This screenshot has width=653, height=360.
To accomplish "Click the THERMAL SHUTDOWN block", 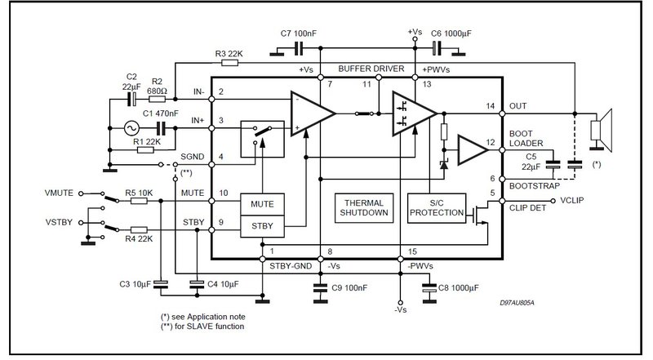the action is (364, 208).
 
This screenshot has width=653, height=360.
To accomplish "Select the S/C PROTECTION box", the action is (437, 208).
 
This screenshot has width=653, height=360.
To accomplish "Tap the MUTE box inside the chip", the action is (262, 204).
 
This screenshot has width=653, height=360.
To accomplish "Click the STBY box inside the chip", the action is (262, 226).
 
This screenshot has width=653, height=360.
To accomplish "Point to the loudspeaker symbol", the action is (601, 130).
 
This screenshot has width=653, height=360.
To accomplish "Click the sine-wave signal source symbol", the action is (131, 128).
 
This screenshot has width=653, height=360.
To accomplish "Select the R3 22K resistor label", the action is (229, 54).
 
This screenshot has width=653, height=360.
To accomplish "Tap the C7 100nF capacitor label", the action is (298, 33).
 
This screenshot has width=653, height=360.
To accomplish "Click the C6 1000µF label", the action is (451, 33).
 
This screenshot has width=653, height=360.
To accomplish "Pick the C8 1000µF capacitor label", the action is (459, 288).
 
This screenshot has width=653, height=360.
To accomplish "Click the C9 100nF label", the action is (349, 288).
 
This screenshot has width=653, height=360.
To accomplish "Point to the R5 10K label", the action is (139, 193).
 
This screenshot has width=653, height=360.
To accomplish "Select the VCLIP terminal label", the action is (572, 201).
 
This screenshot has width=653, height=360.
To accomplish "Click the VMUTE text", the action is (59, 193).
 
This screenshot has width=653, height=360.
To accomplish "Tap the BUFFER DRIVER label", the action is (371, 69).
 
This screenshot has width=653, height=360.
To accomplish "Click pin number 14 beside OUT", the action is (491, 106).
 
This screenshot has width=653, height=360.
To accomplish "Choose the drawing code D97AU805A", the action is (517, 303).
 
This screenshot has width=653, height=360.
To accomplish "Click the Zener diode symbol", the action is (444, 165).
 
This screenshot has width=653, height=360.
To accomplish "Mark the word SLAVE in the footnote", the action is (199, 327).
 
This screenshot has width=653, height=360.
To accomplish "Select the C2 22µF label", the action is (131, 82).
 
